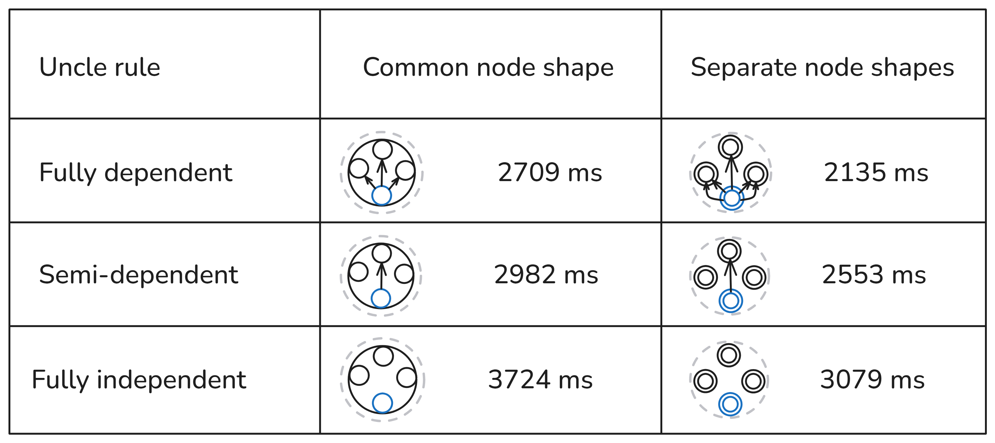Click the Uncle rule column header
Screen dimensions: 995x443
pyautogui.click(x=100, y=67)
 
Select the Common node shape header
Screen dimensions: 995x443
pyautogui.click(x=488, y=67)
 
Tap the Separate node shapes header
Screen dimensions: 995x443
pyautogui.click(x=822, y=67)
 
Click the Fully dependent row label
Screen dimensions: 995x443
pyautogui.click(x=136, y=172)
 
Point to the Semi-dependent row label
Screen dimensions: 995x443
pyautogui.click(x=138, y=275)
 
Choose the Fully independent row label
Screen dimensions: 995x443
pyautogui.click(x=139, y=379)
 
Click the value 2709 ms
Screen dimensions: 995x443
pyautogui.click(x=549, y=172)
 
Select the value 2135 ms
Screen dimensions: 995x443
pyautogui.click(x=876, y=172)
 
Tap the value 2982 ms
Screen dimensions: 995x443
pyautogui.click(x=546, y=275)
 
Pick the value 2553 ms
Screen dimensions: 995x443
pyautogui.click(x=874, y=275)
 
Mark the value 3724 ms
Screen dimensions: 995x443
pyautogui.click(x=540, y=379)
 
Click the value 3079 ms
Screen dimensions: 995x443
pyautogui.click(x=872, y=379)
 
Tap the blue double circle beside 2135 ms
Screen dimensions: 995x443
pyautogui.click(x=732, y=198)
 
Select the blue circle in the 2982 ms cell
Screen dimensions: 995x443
pyautogui.click(x=381, y=298)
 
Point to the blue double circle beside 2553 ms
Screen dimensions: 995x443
pyautogui.click(x=731, y=301)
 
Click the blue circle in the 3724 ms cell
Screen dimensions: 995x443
pyautogui.click(x=382, y=403)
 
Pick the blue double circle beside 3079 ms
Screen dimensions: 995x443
pyautogui.click(x=730, y=404)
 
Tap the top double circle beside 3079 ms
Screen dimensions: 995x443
pyautogui.click(x=729, y=355)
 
